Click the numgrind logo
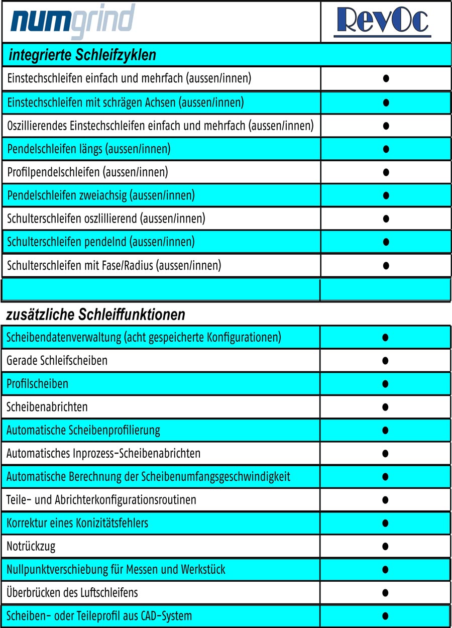pos(73,21)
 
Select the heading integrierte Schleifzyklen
pos(82,55)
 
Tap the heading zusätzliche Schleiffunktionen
pos(95,315)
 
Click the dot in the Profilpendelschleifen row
pos(386,172)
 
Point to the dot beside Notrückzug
pos(386,546)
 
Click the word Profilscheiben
pos(37,384)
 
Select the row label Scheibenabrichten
pos(47,407)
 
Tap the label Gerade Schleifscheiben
pos(57,361)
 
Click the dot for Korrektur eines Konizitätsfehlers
pos(386,523)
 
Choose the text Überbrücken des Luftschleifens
pos(72,593)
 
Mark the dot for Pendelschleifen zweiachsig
pos(386,195)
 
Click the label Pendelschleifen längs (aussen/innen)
pos(89,149)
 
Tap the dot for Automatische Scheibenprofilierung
pos(386,430)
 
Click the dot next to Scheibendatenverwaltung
pos(386,337)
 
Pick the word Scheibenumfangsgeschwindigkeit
pos(216,476)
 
